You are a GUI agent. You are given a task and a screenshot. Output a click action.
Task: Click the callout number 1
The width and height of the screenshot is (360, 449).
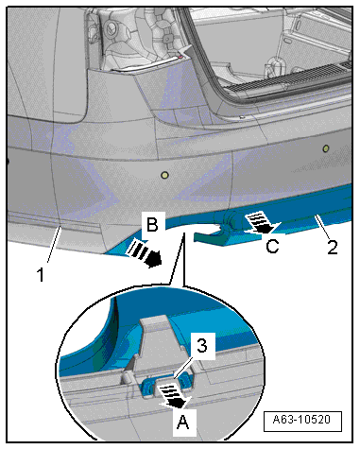tap(41, 274)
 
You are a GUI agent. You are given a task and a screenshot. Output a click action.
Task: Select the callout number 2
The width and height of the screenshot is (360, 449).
tap(333, 247)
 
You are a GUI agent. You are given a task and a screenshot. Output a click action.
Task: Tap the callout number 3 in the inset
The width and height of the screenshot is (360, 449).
tap(202, 345)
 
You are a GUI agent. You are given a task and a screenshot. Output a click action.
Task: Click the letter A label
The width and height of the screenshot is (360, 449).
tap(183, 423)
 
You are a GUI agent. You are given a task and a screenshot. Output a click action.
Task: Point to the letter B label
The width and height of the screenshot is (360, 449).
tap(153, 224)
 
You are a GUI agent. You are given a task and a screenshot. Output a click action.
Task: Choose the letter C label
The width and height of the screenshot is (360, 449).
tap(272, 246)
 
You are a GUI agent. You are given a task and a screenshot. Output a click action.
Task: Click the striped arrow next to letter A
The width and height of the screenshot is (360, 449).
tap(174, 396)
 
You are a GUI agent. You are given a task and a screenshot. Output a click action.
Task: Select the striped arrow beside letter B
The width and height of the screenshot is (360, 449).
tap(145, 254)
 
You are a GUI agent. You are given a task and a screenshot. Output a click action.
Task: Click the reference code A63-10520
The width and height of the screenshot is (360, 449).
tap(302, 420)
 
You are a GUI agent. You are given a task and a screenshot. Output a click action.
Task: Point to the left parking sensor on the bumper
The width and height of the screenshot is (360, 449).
tap(164, 175)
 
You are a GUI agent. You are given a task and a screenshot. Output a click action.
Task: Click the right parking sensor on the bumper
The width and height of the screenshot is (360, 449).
tap(326, 147)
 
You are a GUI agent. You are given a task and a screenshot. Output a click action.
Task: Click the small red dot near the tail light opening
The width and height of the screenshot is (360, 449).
tap(180, 57)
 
